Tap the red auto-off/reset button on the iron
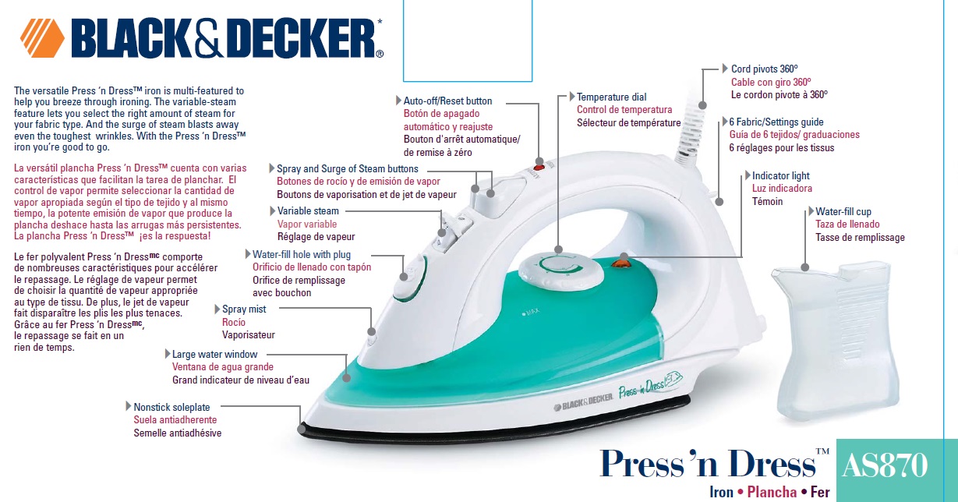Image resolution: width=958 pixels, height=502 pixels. (538, 166)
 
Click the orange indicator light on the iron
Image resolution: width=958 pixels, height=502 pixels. (622, 263)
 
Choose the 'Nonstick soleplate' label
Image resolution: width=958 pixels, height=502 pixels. (171, 407)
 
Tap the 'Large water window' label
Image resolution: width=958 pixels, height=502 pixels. (214, 355)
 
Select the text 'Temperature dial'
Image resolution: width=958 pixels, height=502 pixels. (611, 97)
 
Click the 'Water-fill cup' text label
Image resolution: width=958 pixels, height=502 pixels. (854, 211)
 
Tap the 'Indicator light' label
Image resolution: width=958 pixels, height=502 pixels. (781, 176)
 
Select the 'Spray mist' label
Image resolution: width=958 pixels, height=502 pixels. (244, 309)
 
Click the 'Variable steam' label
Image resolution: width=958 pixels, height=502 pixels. (308, 211)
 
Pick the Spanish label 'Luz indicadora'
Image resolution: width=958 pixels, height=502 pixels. (782, 189)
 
